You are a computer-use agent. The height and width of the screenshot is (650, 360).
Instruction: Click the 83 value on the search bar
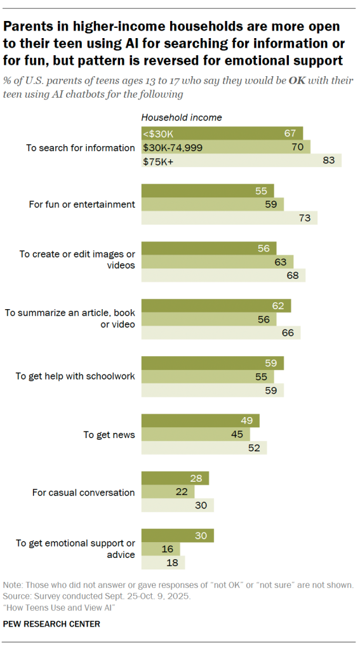point(328,161)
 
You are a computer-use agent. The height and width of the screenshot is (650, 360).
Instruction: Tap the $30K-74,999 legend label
point(171,147)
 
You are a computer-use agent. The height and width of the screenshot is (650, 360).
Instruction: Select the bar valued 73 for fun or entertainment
point(229,218)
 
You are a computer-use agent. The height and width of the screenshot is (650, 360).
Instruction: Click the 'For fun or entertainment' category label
point(82,204)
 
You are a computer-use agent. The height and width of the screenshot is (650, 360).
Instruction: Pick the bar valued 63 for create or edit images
point(217,262)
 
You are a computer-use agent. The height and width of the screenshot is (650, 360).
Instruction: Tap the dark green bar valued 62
point(215,305)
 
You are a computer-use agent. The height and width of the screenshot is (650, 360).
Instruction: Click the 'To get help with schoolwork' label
point(75,376)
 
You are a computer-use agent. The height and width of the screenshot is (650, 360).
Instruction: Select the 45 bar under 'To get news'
point(195,434)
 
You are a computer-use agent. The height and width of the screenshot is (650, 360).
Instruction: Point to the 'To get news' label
point(109,435)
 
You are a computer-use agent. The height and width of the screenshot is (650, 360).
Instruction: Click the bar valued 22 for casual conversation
point(167,491)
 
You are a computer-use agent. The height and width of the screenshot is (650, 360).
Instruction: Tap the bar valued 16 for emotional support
point(160,549)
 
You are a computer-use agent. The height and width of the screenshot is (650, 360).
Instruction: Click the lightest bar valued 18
point(163,563)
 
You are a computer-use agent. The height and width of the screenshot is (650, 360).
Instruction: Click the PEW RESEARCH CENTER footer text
point(51,624)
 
